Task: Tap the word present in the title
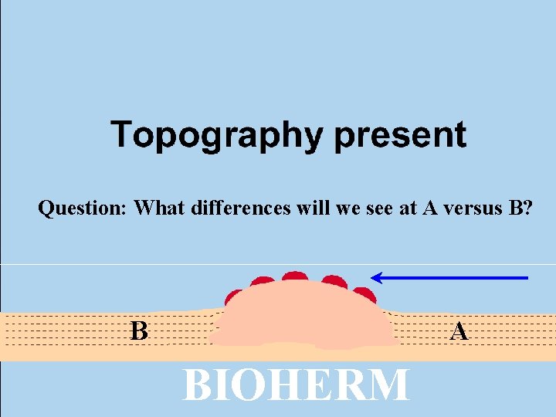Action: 400,135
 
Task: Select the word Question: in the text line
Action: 83,208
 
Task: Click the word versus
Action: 470,208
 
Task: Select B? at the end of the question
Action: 521,208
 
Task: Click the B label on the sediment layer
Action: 139,331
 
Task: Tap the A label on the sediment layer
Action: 459,331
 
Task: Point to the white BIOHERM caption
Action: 296,385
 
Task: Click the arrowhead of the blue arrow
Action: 377,277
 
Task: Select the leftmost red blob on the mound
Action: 234,298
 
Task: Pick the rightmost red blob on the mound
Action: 364,294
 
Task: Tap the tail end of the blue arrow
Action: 526,277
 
